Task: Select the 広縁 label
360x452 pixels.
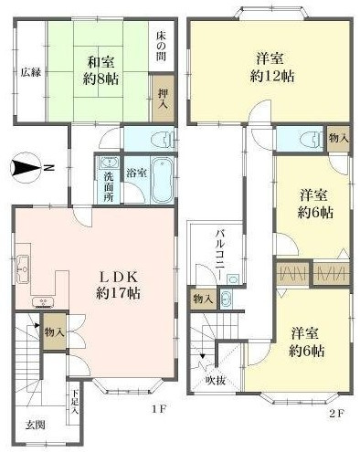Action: click(31, 72)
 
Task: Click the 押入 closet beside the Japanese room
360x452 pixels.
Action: click(162, 97)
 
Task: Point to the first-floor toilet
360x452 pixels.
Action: click(160, 140)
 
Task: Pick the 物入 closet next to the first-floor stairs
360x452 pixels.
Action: click(53, 331)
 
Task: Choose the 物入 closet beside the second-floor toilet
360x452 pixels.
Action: click(338, 139)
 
